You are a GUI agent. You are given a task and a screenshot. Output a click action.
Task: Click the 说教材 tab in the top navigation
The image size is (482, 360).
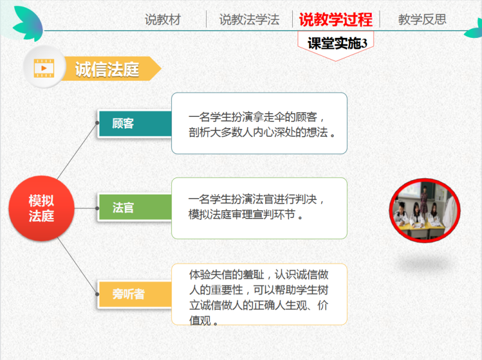point(163,20)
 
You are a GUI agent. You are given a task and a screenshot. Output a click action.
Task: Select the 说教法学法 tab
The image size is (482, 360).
point(249,20)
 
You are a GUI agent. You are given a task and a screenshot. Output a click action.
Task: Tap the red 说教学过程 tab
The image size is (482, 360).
point(336,20)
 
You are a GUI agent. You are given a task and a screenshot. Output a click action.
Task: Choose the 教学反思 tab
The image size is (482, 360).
point(422,19)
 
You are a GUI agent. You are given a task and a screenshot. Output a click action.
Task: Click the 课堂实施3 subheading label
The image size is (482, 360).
point(337,43)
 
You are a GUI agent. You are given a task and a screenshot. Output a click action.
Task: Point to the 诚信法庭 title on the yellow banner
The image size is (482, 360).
point(107,69)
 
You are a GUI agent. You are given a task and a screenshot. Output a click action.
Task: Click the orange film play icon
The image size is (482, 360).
point(44,68)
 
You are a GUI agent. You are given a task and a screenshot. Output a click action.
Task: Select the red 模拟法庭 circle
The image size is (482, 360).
point(42,208)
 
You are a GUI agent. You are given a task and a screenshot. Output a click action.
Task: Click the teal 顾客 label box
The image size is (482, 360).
point(134,123)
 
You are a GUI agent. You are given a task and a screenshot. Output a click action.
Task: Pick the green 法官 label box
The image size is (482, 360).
point(134,207)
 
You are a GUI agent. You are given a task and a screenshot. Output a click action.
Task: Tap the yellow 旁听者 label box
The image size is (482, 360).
point(134,294)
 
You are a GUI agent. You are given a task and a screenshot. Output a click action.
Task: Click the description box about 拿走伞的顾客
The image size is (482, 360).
point(259,123)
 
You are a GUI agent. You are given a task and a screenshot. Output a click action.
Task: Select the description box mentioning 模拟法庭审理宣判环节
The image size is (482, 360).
point(259,208)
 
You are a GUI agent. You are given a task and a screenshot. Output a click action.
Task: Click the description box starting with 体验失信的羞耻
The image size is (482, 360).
point(259,294)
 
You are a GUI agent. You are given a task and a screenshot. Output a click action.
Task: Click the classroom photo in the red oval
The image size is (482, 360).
point(425,211)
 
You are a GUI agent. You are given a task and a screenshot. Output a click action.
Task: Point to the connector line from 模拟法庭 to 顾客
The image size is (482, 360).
point(77,151)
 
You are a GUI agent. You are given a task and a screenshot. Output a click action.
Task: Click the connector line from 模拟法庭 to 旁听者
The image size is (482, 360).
point(77,265)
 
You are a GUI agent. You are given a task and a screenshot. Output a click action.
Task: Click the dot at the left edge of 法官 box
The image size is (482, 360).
point(97,208)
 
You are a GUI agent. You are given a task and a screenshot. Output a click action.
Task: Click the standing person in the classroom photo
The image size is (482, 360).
point(424,199)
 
